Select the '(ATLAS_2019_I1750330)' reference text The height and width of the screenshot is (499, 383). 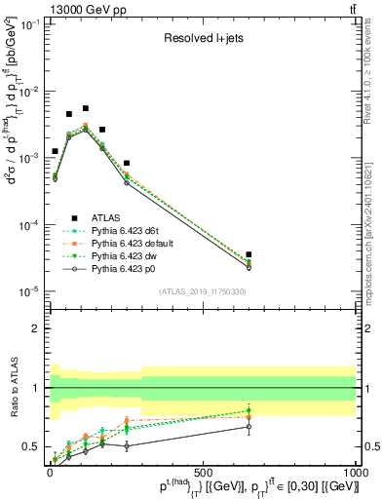coord(202,291)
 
